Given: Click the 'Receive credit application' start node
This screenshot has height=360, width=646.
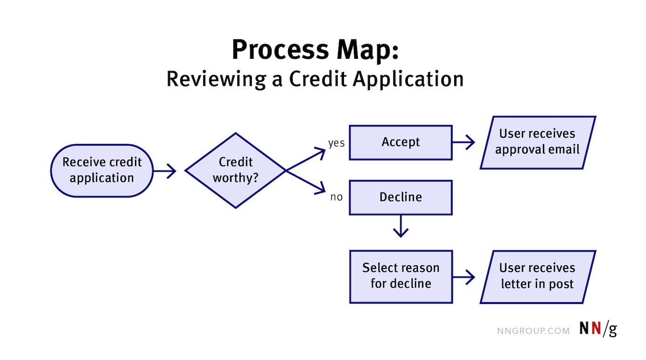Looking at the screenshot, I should pos(102,170).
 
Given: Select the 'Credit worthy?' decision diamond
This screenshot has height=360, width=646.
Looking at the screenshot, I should pos(235,170).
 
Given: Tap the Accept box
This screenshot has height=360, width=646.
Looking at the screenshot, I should pos(400,142).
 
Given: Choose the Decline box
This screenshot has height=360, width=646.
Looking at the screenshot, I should pos(400,198).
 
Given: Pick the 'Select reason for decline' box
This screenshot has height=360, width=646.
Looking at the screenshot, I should pos(400,276).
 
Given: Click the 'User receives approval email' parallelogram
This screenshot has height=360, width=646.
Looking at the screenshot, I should pos(537,142).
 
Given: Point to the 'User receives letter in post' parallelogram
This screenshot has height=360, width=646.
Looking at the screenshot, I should pos(537,276).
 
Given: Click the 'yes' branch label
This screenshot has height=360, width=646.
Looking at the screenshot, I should pos(336,143).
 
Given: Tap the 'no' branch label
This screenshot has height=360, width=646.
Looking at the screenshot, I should pos(336,197).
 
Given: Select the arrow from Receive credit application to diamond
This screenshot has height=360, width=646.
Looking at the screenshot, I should pos(165,171).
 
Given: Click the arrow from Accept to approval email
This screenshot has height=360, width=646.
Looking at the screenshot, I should pos(463,143).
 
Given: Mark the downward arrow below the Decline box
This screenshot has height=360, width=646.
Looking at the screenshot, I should pos(401,226).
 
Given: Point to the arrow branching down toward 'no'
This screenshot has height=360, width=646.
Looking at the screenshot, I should pos(306,182).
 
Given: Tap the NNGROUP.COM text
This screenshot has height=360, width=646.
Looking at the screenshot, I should pos(533,331).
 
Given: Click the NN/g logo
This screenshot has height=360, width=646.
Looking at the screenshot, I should pos(598,329).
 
